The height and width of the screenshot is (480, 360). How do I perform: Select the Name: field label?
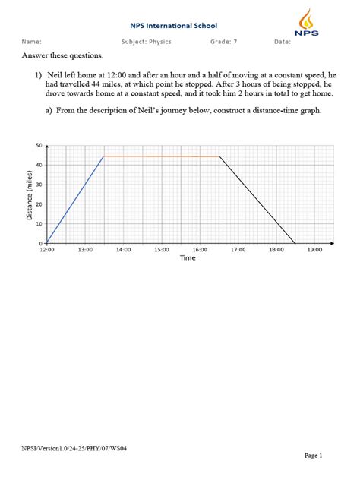31,42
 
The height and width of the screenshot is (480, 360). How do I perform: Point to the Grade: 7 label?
226,42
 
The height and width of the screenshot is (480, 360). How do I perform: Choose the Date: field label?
283,42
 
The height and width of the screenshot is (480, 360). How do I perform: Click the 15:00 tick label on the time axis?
162,249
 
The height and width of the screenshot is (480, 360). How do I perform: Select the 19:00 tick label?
315,249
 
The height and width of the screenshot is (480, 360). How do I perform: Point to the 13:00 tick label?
85,249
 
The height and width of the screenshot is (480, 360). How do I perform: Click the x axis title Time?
188,258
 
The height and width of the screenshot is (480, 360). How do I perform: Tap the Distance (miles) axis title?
30,194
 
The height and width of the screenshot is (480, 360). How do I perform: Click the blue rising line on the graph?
74,200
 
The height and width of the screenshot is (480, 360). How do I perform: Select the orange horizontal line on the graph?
161,156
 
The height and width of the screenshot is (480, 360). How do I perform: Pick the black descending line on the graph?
257,200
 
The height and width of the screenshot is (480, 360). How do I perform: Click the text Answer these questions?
62,56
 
